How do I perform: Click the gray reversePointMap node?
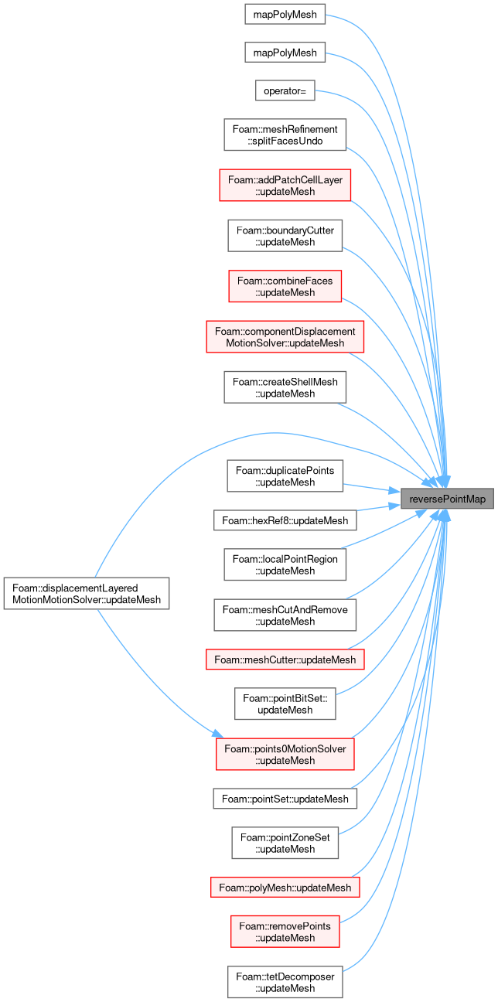(447, 499)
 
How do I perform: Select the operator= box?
(285, 90)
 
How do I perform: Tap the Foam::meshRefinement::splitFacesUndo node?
(285, 135)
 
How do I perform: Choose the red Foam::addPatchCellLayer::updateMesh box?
(285, 186)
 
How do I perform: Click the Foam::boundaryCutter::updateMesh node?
(285, 236)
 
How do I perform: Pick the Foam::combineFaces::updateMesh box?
(285, 286)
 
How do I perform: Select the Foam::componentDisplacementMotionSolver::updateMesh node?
(285, 337)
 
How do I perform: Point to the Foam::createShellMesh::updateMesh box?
(285, 387)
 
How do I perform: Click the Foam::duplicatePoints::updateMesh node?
(285, 476)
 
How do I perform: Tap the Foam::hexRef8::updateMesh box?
(285, 520)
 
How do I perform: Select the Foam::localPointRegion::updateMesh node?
(285, 564)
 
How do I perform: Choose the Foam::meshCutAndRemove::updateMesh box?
(285, 615)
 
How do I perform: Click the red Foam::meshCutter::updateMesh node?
(285, 659)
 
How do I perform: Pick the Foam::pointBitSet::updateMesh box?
(285, 704)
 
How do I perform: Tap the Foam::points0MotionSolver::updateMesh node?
(285, 754)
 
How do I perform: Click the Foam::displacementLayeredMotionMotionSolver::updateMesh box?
(87, 593)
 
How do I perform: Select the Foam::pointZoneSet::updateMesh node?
(285, 843)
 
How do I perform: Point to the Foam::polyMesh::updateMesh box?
(285, 887)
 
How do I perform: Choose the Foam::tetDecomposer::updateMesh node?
(285, 982)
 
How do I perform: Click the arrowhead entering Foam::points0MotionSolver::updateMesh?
(218, 734)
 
